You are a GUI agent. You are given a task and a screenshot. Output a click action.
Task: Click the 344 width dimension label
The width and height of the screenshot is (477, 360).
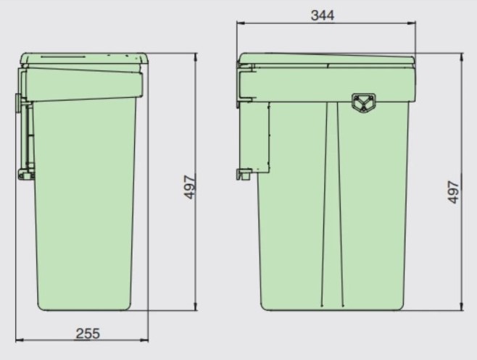point(323,15)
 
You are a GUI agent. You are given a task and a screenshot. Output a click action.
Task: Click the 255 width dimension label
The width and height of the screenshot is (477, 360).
point(88,333)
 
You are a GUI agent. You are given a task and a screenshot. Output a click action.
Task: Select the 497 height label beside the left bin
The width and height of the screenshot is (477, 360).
point(191,187)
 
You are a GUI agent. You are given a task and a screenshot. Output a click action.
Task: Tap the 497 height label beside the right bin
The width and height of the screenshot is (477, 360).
point(453,192)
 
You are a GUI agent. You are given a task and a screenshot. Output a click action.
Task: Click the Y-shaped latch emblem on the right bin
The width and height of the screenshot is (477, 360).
point(363,102)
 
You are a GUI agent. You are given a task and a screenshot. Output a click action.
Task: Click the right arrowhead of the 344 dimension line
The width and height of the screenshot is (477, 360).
point(412,22)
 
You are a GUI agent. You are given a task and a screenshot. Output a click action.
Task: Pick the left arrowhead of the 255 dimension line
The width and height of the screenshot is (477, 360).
point(19,340)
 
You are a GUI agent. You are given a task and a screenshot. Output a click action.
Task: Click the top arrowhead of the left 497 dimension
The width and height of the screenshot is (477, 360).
point(196,57)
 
